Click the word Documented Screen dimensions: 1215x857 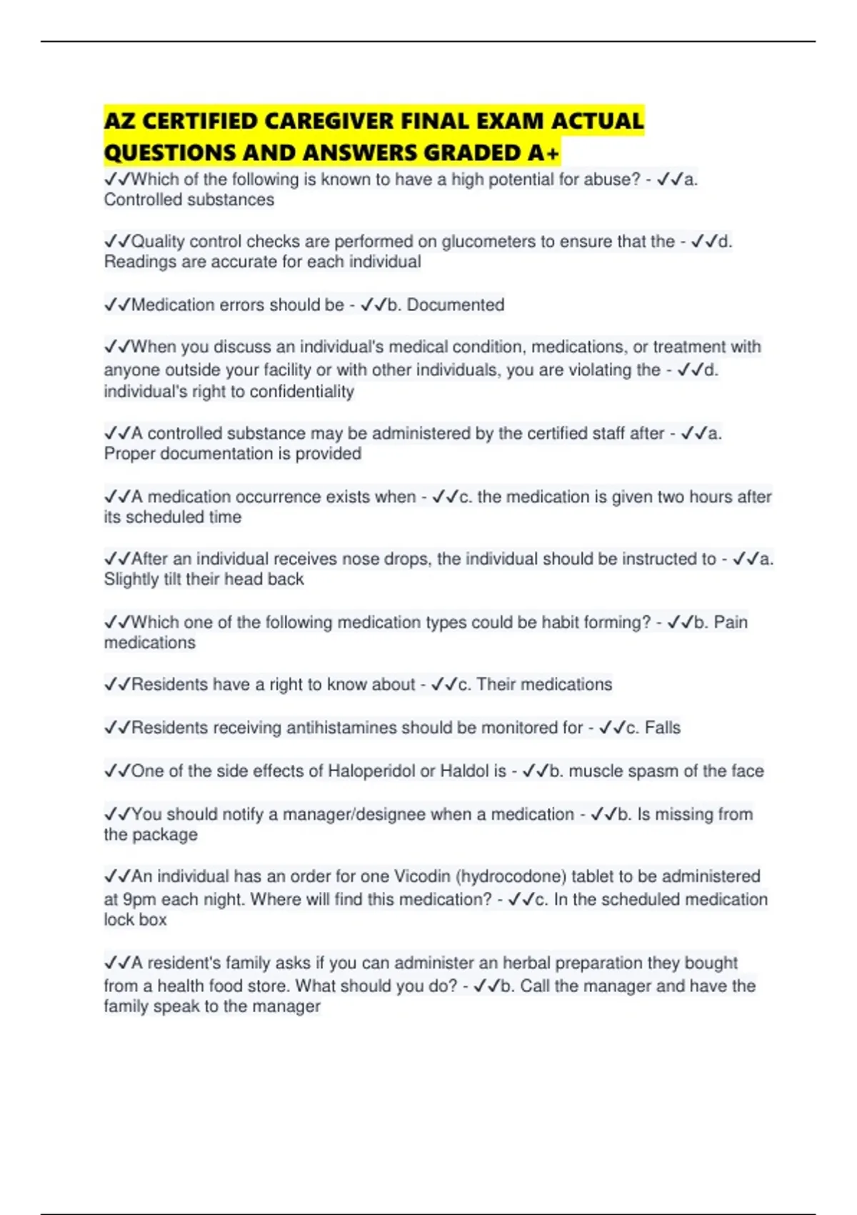coord(456,305)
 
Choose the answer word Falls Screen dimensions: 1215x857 coord(663,728)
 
